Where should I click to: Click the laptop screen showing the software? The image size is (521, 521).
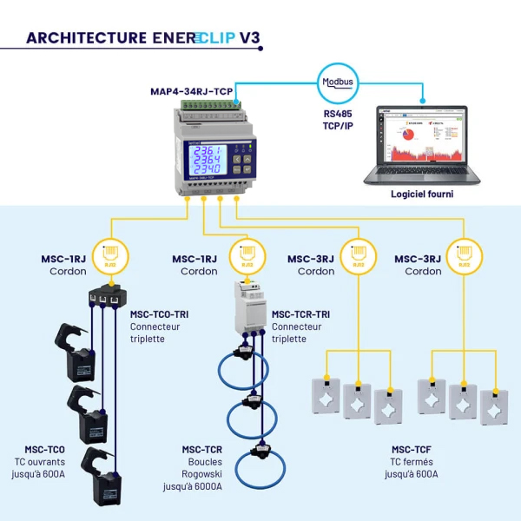pos(421,137)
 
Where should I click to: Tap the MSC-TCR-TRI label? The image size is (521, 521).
pos(300,314)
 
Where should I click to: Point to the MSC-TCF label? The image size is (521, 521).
pos(411,449)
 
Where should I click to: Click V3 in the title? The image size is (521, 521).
pos(248,38)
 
